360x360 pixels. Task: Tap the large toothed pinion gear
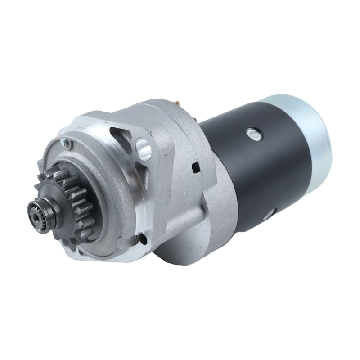[x=74, y=198]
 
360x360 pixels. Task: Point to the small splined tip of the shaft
[x=36, y=211]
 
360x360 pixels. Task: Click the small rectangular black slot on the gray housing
[x=196, y=168]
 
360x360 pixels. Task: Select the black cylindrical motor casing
[x=261, y=171]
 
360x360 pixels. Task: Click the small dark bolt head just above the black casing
[x=197, y=118]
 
